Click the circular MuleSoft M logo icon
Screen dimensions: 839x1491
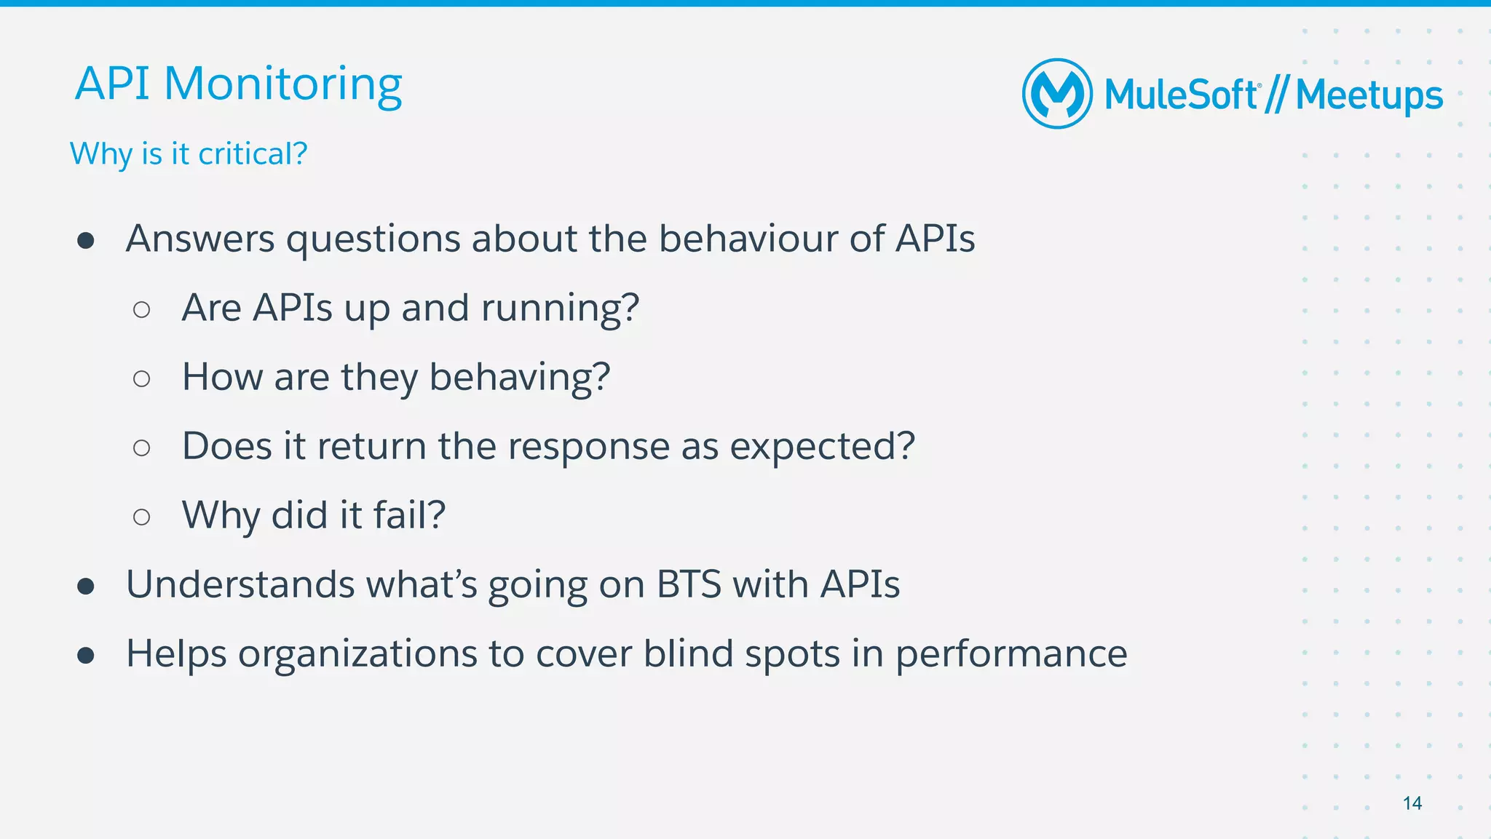click(x=1057, y=94)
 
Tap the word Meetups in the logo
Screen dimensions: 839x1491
click(x=1369, y=95)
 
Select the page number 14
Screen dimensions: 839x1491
click(x=1412, y=803)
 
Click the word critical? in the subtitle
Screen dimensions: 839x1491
click(x=253, y=154)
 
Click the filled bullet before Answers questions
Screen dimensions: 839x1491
click(x=86, y=241)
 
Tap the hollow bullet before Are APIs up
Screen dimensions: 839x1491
click(x=142, y=310)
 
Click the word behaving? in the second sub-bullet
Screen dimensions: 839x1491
click(x=519, y=378)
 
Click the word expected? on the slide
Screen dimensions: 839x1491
click(x=822, y=447)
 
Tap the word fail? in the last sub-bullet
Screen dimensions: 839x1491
click(x=409, y=515)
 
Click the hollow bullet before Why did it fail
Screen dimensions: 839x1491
click(x=142, y=517)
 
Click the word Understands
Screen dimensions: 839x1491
click(x=240, y=584)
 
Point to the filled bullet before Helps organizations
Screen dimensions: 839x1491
click(x=86, y=656)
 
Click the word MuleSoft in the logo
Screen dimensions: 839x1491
click(x=1181, y=95)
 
